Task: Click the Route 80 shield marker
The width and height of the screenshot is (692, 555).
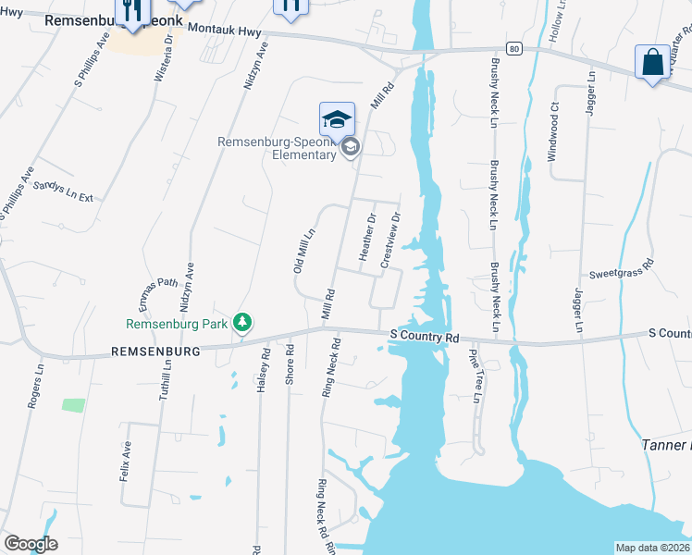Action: click(x=515, y=47)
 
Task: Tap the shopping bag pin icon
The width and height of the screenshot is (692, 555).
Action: click(x=652, y=63)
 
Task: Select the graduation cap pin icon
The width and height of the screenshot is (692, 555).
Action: click(x=337, y=118)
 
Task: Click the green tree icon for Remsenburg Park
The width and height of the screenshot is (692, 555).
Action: click(x=242, y=323)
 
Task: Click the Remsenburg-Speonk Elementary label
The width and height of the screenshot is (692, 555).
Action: click(x=277, y=148)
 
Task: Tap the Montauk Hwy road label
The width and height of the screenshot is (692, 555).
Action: click(x=225, y=31)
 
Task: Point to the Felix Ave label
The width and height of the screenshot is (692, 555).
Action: click(x=126, y=459)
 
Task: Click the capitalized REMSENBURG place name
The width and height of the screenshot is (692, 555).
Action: click(x=155, y=352)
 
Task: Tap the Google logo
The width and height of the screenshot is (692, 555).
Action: click(x=31, y=544)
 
